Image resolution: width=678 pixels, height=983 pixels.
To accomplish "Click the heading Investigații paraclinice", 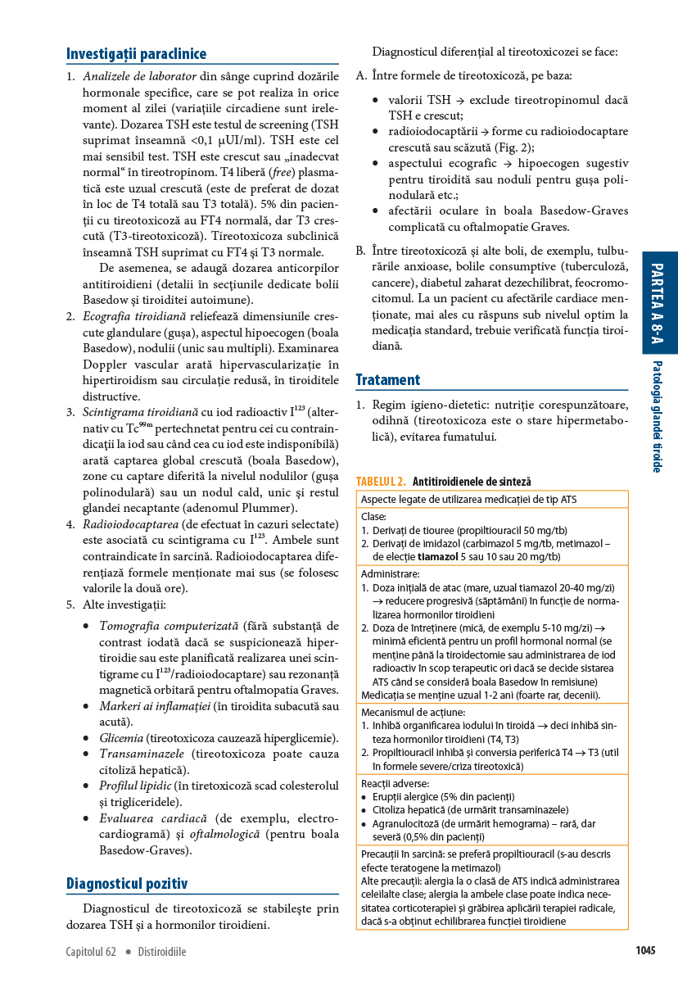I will tap(136, 54).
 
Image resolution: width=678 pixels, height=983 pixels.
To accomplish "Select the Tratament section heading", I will tap(388, 379).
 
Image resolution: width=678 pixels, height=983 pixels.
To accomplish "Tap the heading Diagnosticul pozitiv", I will tap(127, 884).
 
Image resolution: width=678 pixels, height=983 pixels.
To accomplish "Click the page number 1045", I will tap(645, 951).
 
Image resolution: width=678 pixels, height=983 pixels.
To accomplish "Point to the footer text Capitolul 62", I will tap(91, 952).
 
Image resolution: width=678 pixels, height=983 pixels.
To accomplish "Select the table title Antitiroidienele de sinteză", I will tap(472, 482).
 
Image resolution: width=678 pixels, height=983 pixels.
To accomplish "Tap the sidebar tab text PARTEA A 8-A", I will tap(659, 302).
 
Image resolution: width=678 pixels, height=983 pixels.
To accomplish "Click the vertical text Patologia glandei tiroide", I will tap(658, 416).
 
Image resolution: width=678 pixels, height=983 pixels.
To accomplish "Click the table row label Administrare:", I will tap(390, 574).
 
